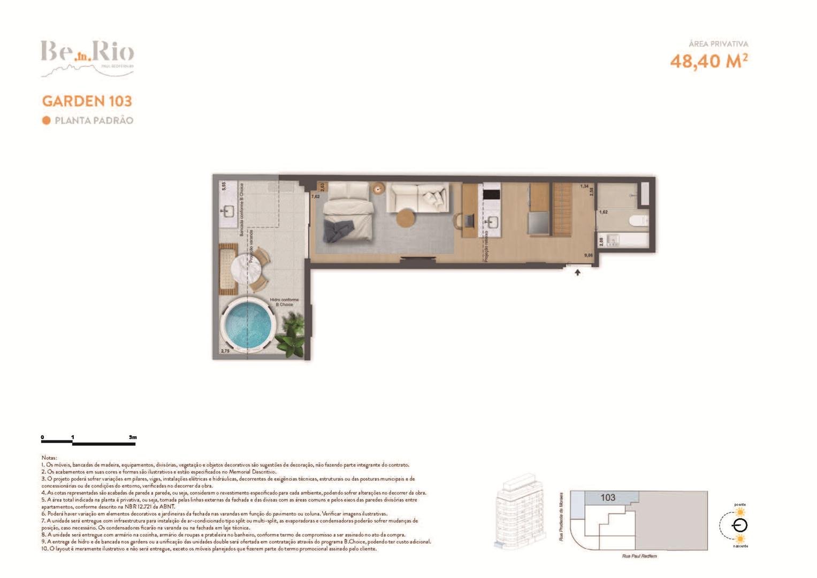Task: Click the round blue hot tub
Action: click(248, 326)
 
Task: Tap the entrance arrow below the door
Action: click(578, 272)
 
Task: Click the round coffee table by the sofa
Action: click(406, 218)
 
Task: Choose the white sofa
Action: click(417, 196)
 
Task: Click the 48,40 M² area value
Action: click(708, 61)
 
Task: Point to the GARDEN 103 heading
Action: click(87, 101)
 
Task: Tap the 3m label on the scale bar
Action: click(133, 437)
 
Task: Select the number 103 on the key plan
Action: click(608, 498)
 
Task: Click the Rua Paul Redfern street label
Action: click(639, 556)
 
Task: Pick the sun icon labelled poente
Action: click(740, 512)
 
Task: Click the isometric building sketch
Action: click(518, 511)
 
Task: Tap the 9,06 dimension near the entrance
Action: click(589, 255)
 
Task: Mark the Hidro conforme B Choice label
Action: click(284, 302)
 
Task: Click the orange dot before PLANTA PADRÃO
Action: click(47, 120)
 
